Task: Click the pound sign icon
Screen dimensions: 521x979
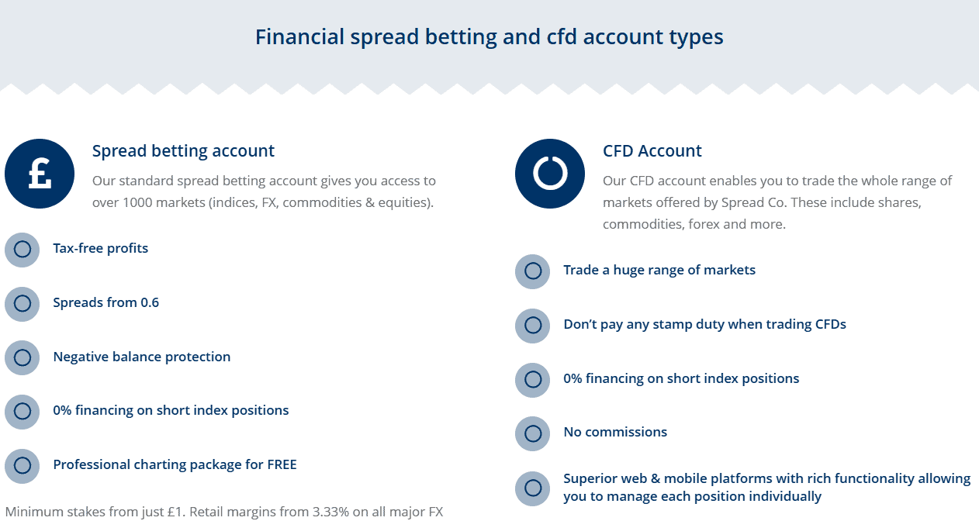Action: coord(40,174)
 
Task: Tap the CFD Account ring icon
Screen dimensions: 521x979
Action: coord(550,174)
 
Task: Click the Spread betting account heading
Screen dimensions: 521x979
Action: coord(183,151)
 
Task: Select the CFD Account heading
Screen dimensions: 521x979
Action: coord(652,151)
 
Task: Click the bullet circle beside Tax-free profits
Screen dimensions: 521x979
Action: coord(22,250)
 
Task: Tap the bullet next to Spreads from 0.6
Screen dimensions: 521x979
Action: coord(22,304)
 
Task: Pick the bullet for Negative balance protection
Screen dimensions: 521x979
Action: coord(22,357)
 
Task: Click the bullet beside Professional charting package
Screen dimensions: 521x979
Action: coord(22,466)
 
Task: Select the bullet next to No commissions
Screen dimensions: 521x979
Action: coord(533,433)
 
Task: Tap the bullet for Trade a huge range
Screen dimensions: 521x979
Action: coord(533,271)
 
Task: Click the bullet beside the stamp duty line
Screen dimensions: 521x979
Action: coord(533,326)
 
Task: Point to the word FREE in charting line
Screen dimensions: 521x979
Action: coord(282,465)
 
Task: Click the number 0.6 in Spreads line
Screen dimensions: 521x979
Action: coord(150,302)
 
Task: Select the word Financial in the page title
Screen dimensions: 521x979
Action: coord(299,37)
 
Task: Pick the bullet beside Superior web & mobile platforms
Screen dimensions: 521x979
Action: coord(533,488)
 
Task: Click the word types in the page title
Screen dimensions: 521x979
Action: coord(698,37)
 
